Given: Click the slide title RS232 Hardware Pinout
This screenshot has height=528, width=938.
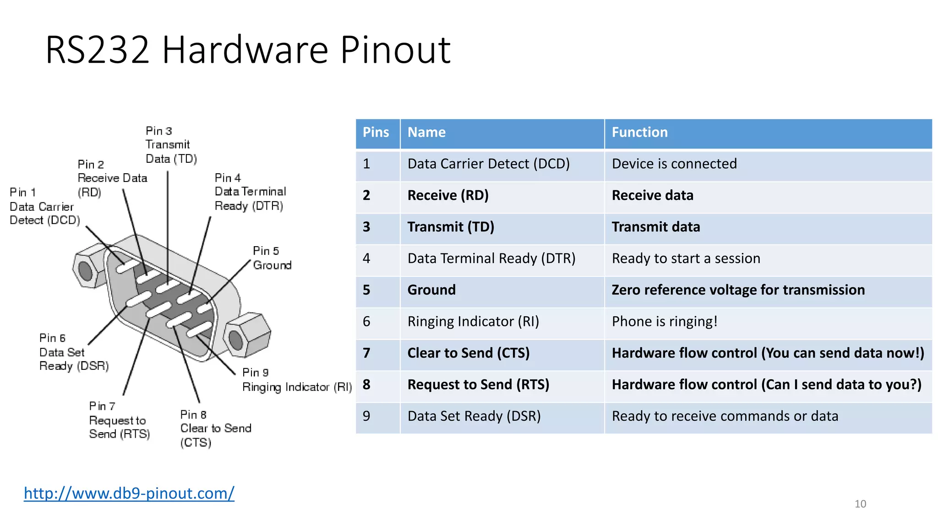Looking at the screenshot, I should coord(248,49).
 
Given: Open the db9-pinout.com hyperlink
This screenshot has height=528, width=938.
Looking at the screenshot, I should coord(129,493).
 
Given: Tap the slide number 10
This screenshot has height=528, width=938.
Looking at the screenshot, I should coord(860,504).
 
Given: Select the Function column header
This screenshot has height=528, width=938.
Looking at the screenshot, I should coord(639,132).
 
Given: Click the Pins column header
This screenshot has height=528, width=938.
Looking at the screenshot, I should coord(376,132).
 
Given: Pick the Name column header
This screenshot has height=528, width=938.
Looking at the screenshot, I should coord(426,132).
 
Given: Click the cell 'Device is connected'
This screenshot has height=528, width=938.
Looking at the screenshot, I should coord(674,164).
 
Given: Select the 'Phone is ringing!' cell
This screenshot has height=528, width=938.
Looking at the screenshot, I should coord(664,321).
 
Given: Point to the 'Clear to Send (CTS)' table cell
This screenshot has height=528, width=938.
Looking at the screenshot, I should coord(468,353).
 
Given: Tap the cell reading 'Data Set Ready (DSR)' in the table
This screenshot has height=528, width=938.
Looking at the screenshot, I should coord(474,416).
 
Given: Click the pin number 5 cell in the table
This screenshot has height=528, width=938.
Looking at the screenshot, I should coord(366,290).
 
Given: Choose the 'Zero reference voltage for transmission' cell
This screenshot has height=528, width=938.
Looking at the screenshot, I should coord(738,290).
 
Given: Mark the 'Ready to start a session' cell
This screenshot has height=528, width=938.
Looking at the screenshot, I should coord(686,258).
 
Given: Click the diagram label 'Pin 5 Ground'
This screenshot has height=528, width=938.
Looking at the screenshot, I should coord(272,258).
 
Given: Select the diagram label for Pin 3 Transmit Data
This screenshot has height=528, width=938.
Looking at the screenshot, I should coord(171,145).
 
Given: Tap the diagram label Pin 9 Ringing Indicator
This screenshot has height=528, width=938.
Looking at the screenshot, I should coord(296,380).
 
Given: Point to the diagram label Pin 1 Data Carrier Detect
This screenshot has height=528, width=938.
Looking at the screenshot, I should coord(44,206).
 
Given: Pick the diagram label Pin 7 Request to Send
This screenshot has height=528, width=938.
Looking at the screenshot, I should coord(119,420).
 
